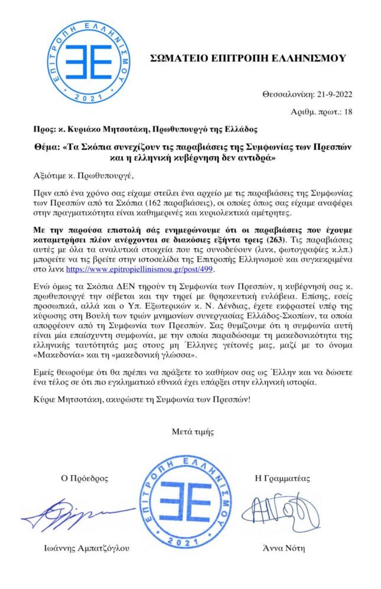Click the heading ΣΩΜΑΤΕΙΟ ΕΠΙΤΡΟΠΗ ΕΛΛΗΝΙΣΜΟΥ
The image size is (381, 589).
[249, 58]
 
